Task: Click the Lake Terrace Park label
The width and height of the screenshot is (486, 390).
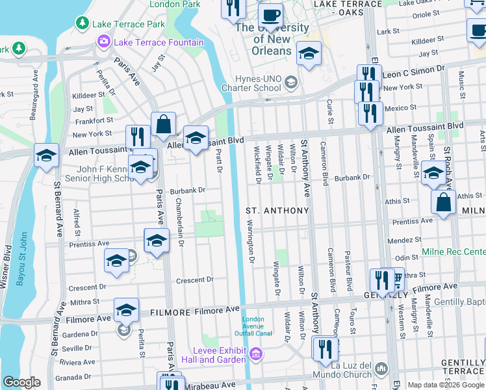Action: (x=129, y=24)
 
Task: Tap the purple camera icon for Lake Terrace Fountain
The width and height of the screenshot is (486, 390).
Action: (x=103, y=42)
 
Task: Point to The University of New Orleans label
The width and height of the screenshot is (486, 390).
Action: (x=272, y=39)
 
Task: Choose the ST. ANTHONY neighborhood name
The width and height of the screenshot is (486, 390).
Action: (x=277, y=211)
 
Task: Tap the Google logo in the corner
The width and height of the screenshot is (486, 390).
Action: (x=21, y=382)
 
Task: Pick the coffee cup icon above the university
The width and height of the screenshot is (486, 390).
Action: (x=270, y=14)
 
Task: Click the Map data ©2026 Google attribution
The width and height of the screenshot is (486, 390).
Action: (x=446, y=385)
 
